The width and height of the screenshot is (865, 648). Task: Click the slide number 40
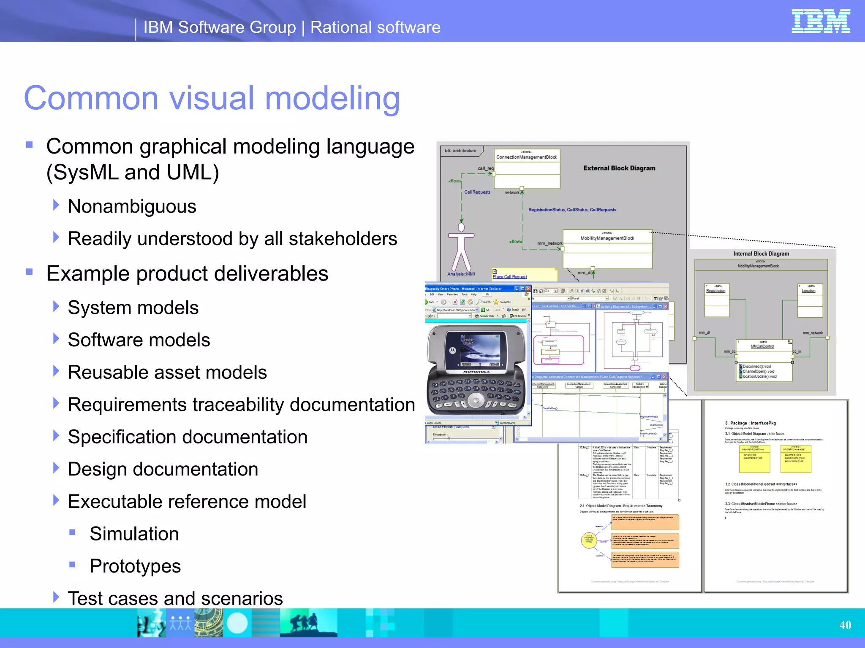coord(845,625)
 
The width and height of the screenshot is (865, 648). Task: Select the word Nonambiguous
coord(132,207)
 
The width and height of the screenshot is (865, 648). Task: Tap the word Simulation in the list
coord(134,534)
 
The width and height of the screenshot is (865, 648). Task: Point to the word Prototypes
coord(135,566)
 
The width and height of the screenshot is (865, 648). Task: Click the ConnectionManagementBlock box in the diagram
coord(527,168)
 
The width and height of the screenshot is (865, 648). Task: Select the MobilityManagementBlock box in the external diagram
coord(607,249)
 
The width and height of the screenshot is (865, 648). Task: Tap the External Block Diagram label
coord(619,168)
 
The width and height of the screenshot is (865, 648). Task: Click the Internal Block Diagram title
coord(761,254)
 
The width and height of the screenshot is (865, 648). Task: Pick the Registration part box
coord(716,300)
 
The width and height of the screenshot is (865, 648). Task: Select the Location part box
coord(810,300)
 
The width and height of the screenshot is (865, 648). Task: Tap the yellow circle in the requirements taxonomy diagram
coord(589,540)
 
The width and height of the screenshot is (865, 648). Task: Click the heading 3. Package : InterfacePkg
coord(750,423)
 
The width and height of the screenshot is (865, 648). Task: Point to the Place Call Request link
coord(509,277)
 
